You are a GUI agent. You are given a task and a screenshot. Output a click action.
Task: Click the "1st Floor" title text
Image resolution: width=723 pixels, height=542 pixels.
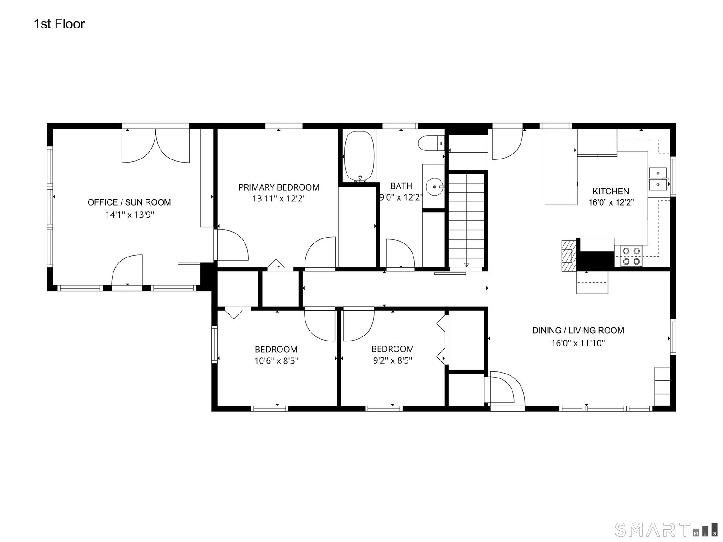tap(59, 24)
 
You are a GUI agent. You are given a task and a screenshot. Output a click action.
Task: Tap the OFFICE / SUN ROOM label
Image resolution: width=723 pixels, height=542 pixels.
tap(129, 202)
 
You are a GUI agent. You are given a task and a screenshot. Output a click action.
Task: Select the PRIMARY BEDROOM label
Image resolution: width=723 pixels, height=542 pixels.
tap(279, 187)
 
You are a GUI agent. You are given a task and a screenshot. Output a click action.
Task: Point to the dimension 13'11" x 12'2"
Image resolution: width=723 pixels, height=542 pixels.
tap(279, 199)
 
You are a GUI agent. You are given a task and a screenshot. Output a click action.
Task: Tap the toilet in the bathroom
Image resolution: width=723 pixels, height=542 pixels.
tap(431, 143)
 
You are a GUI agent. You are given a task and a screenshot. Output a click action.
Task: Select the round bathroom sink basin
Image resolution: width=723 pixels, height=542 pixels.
tap(435, 187)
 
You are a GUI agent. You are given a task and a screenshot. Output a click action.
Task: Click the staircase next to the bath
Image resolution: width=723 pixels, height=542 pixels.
tap(466, 220)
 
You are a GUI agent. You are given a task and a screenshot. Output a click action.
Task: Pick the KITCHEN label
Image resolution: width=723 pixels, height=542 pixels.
tap(610, 191)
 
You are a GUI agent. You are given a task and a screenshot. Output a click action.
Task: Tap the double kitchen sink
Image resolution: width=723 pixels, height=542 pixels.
tap(658, 179)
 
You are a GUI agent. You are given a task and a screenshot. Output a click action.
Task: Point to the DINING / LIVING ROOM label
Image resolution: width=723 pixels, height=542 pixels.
tap(578, 331)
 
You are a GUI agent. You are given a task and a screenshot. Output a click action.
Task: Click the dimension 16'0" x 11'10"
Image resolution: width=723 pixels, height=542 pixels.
tap(578, 343)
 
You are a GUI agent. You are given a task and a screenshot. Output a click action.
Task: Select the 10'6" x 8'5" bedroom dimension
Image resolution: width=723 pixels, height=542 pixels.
tap(276, 361)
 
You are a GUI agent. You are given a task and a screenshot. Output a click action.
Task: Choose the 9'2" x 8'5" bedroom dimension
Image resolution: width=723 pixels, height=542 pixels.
tap(393, 361)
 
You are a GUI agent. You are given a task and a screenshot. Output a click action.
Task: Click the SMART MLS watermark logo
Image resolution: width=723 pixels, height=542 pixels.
tap(666, 530)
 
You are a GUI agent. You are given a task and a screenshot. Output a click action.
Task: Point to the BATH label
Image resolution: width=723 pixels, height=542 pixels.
tap(401, 186)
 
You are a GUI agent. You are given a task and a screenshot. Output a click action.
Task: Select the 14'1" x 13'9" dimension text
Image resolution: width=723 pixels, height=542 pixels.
tap(129, 215)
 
